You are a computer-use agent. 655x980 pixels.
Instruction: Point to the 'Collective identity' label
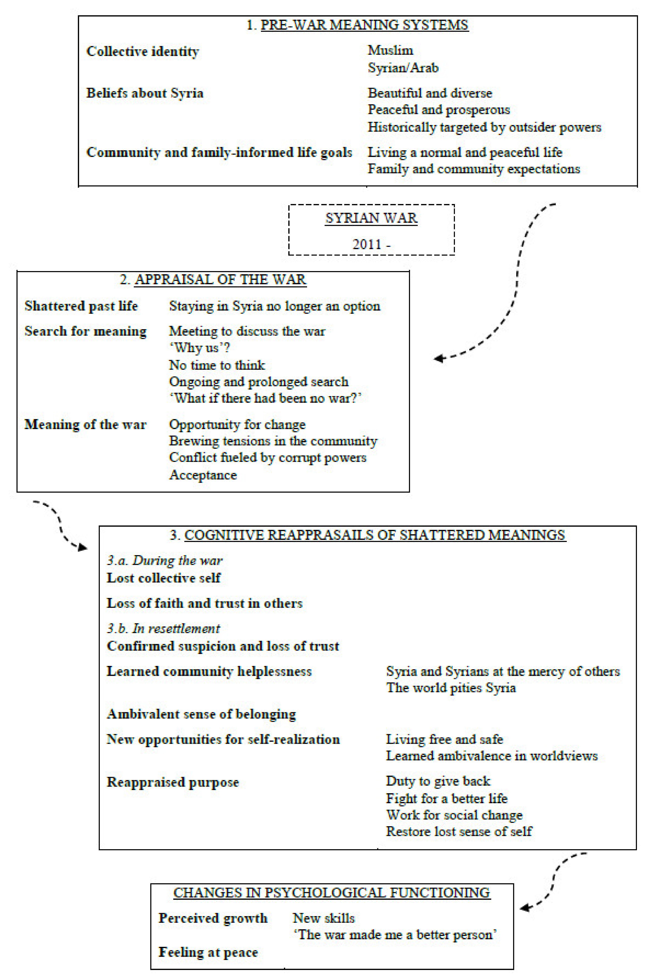pos(142,51)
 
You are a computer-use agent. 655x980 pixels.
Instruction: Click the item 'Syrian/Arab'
pos(403,68)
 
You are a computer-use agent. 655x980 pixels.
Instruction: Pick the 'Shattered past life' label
pos(81,306)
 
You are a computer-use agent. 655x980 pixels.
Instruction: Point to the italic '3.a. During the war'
pos(165,560)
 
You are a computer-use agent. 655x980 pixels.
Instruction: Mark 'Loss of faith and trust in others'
pos(204,603)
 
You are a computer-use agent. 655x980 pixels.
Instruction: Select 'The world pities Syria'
pos(451,688)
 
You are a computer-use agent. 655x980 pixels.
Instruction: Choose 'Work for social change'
pos(454,815)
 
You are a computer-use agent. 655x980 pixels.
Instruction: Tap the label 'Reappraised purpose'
pos(173,782)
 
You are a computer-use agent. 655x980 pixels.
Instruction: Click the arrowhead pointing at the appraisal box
pos(438,358)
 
